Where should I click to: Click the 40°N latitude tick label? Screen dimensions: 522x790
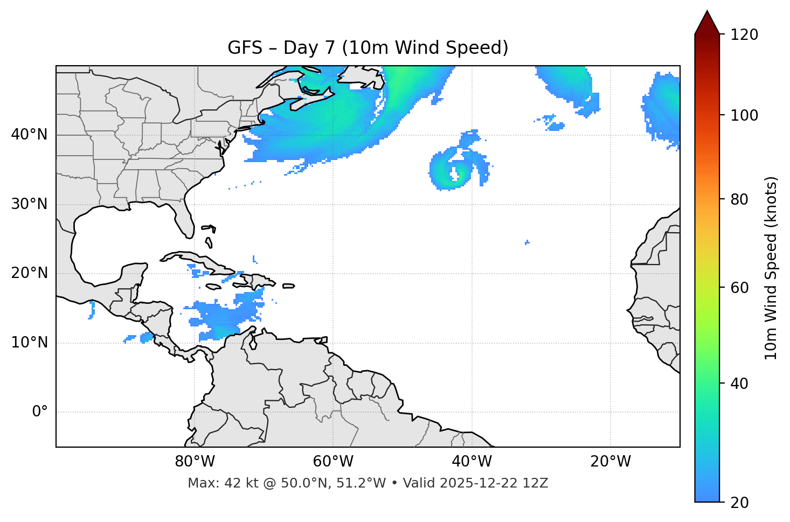29,135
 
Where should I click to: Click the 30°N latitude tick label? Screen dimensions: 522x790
29,204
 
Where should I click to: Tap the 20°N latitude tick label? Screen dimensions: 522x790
29,273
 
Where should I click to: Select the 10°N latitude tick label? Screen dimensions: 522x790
29,343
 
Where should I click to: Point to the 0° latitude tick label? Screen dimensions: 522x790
40,412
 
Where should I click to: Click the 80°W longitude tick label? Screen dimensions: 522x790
195,462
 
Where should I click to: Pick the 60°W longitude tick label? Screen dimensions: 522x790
333,462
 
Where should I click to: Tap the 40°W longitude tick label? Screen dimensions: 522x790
472,462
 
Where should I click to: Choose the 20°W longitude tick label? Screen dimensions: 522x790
611,462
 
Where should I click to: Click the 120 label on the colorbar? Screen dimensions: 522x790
744,35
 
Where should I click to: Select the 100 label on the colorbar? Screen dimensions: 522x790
744,115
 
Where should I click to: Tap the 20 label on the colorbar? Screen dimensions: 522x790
740,503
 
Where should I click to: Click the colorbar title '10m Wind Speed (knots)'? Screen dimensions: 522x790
771,268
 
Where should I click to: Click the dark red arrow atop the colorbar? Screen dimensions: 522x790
707,23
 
